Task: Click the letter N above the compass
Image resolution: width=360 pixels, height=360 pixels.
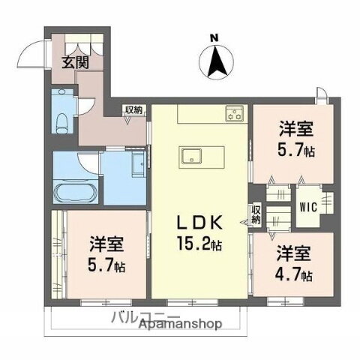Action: [214, 38]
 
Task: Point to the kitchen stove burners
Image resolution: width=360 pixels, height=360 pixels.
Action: [235, 115]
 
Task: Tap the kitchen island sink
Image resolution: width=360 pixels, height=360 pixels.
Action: [190, 157]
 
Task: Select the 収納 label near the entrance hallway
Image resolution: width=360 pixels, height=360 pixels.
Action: [134, 110]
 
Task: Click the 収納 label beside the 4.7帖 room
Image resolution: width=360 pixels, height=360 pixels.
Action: [256, 215]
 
